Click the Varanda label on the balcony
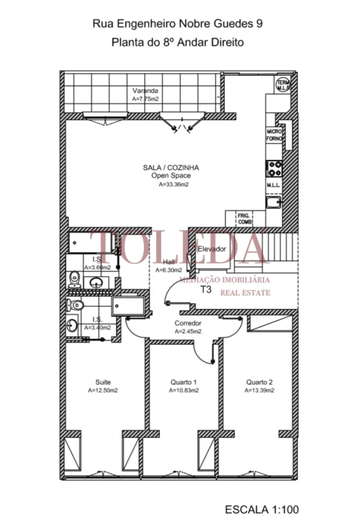145,90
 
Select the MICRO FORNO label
274,134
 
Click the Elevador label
211,248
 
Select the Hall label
169,262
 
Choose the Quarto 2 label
259,382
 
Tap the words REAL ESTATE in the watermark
244,293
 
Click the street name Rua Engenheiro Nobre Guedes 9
177,25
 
